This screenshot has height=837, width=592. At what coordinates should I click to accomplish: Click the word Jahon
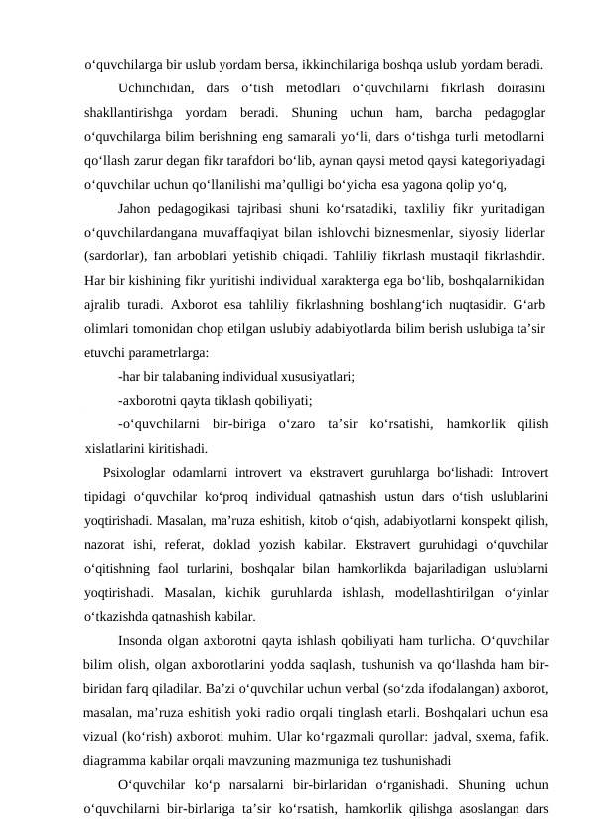pos(135,208)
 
